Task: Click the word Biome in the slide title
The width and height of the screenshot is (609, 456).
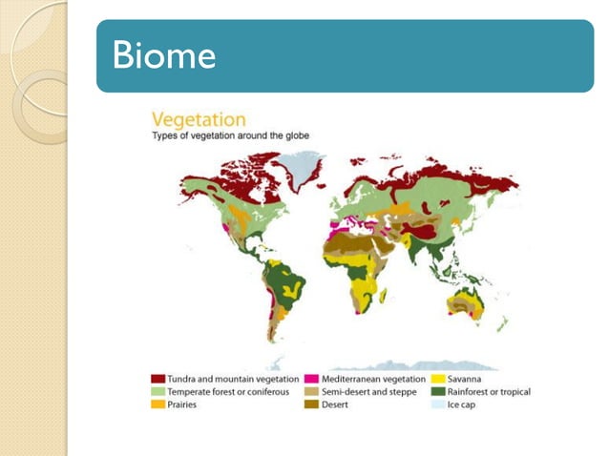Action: tap(164, 56)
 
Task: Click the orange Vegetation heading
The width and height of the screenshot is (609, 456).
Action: tap(199, 120)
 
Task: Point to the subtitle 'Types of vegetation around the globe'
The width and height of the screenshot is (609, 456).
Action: tap(232, 136)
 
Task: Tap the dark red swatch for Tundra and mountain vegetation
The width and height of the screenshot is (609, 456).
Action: tap(158, 379)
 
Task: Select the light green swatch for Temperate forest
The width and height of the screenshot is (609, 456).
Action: tap(158, 392)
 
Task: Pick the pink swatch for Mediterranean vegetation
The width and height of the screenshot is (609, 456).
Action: tap(312, 379)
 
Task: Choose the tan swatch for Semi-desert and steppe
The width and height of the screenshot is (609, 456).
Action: tap(312, 392)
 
